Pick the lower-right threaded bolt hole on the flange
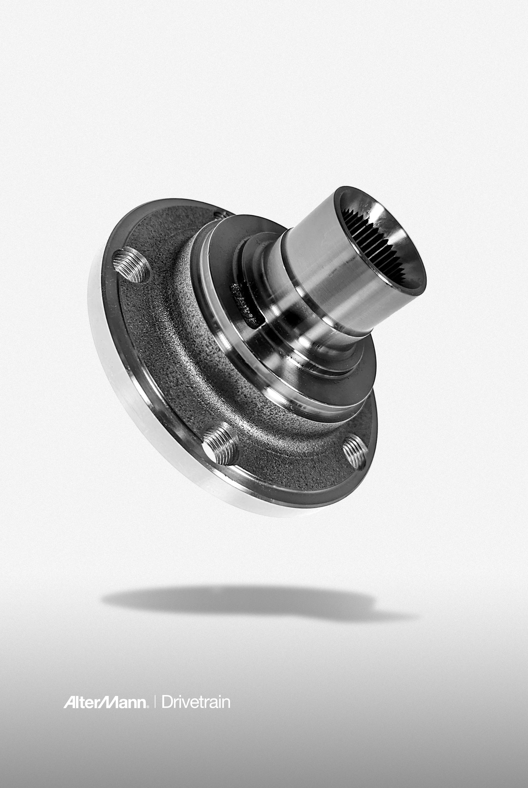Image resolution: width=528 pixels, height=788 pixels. [x=354, y=452]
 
